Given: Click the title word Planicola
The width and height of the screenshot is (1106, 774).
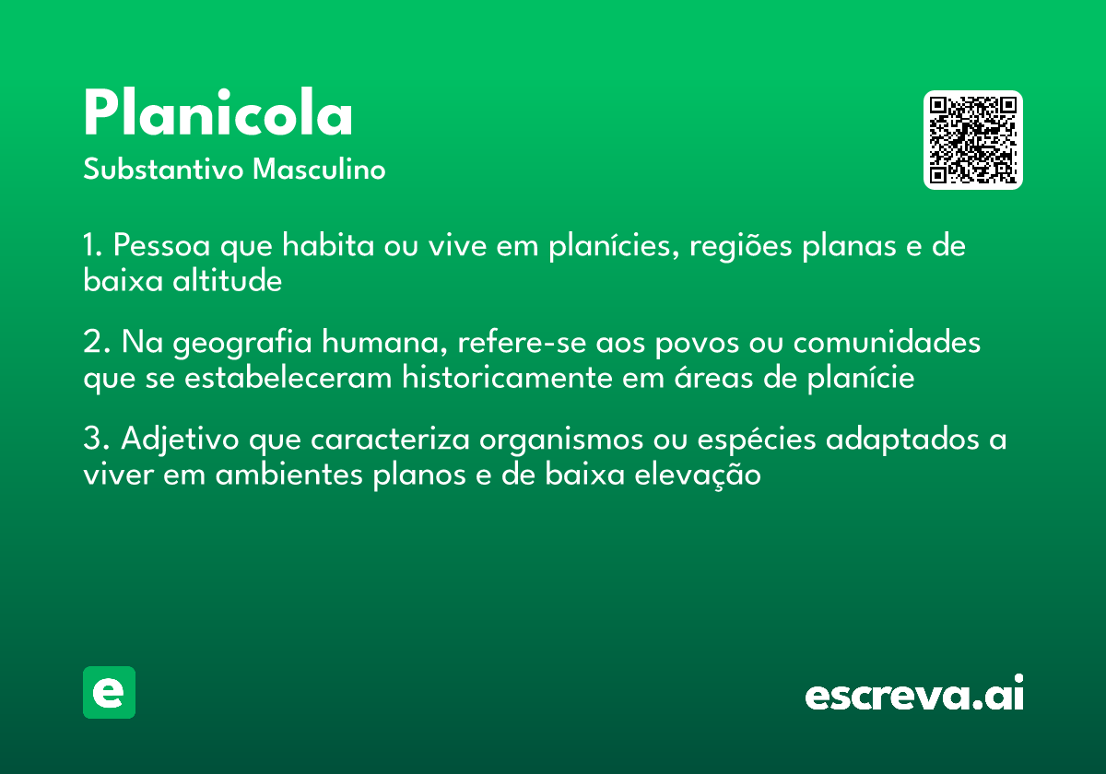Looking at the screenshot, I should [218, 115].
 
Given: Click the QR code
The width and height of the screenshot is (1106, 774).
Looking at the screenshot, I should [973, 140].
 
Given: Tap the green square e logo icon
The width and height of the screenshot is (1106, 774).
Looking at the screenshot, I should [109, 692].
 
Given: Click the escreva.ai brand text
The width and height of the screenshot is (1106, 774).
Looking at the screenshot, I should [914, 694].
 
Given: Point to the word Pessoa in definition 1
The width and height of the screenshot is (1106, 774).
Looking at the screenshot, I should [161, 247].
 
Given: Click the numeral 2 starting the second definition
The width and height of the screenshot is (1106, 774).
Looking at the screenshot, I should [92, 344].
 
